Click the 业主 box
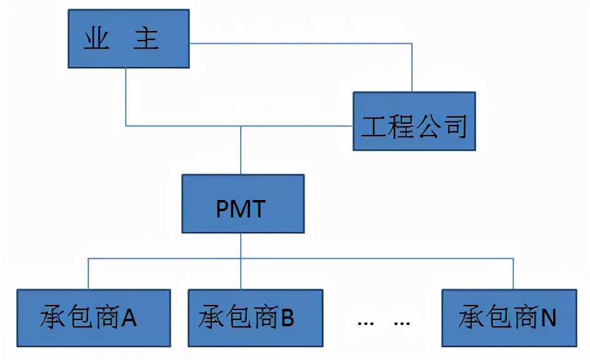[x=128, y=39]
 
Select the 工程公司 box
[x=414, y=121]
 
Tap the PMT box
[x=242, y=204]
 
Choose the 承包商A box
[x=94, y=317]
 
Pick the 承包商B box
[x=255, y=317]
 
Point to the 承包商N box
[x=509, y=317]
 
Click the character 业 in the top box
[x=96, y=39]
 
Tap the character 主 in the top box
[x=147, y=39]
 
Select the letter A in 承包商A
[x=129, y=318]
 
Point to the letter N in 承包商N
[x=548, y=318]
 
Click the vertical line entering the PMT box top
[x=241, y=150]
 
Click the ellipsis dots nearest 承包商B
[x=365, y=323]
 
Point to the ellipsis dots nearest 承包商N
[x=402, y=323]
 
